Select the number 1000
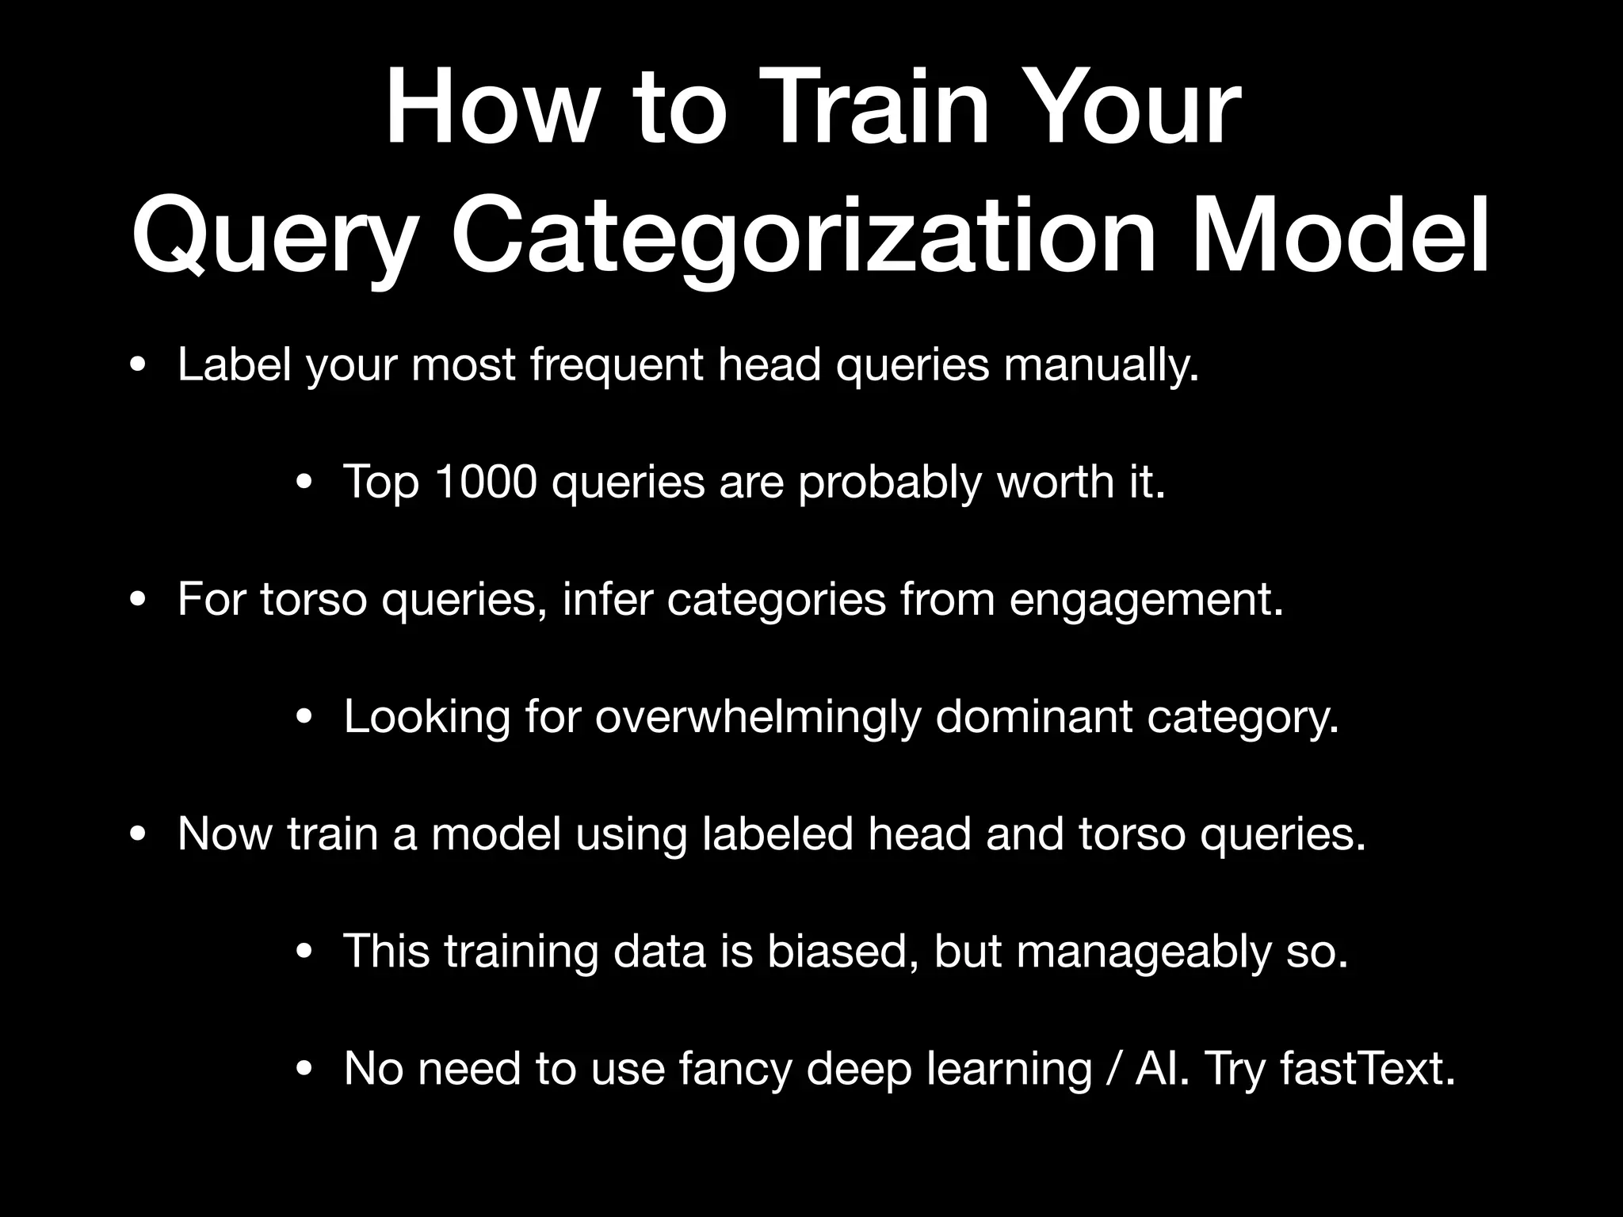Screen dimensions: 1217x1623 coord(486,481)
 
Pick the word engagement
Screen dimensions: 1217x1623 coord(1145,599)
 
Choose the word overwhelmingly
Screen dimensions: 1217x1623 coord(758,717)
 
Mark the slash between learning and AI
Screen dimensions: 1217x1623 coord(1114,1068)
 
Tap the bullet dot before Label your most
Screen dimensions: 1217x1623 coord(138,367)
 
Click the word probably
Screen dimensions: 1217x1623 coord(890,482)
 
